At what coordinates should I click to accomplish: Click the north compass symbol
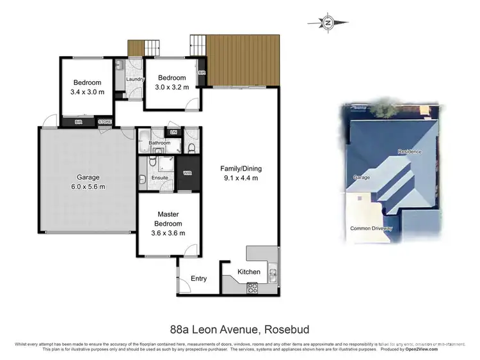pos(328,23)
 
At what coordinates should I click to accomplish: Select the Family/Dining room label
pos(241,169)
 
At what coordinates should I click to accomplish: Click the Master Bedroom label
pos(168,219)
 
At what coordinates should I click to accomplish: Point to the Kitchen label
pos(249,272)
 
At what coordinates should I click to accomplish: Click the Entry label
pos(199,278)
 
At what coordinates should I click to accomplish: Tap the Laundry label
pos(135,79)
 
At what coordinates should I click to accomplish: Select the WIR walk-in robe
pos(188,173)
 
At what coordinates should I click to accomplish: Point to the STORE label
pos(105,121)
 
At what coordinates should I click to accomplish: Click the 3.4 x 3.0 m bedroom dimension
pos(87,92)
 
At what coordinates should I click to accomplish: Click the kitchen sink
pos(273,274)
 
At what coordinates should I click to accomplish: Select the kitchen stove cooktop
pos(252,287)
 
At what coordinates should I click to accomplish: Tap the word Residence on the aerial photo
pos(409,152)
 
